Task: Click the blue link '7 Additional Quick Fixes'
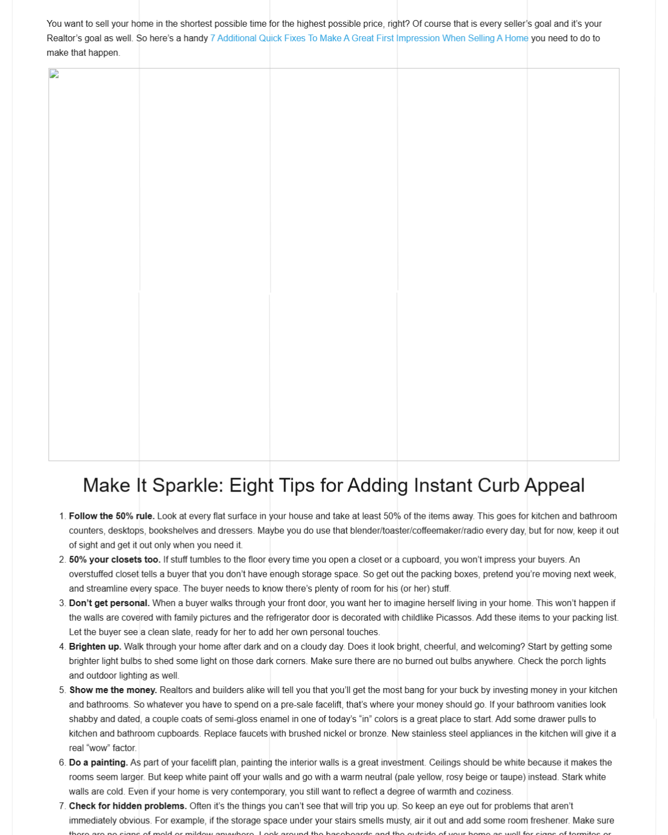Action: pos(369,38)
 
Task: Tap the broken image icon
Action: pos(54,74)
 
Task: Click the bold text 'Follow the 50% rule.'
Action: pos(111,516)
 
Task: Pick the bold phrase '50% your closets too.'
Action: pos(114,559)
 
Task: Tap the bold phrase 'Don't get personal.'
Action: pos(109,603)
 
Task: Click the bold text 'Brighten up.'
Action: pos(95,646)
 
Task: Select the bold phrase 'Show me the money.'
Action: pos(113,690)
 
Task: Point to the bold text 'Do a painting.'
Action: pos(98,762)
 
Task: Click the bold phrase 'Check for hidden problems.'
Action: pos(127,805)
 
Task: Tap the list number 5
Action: pos(62,690)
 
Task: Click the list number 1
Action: pos(62,516)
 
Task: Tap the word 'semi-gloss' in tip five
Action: pos(235,719)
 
